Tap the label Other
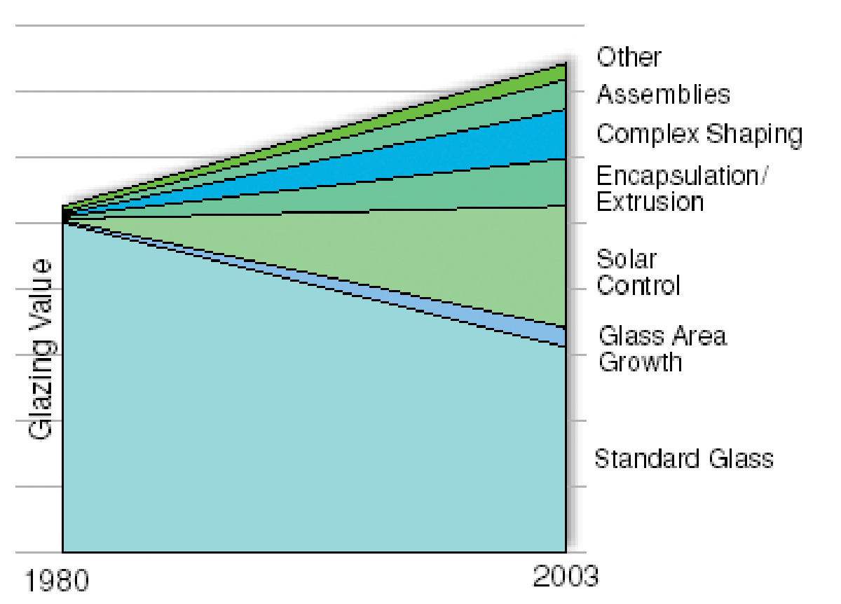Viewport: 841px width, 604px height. [x=629, y=57]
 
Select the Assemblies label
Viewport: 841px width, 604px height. [x=663, y=94]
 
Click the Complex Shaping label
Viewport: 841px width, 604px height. [x=699, y=133]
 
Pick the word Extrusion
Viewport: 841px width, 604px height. [x=650, y=202]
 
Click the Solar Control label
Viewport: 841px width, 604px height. [x=638, y=272]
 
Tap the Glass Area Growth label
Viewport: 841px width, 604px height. [x=662, y=348]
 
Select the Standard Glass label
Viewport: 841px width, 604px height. [x=684, y=459]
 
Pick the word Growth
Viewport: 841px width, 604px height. [x=640, y=362]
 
